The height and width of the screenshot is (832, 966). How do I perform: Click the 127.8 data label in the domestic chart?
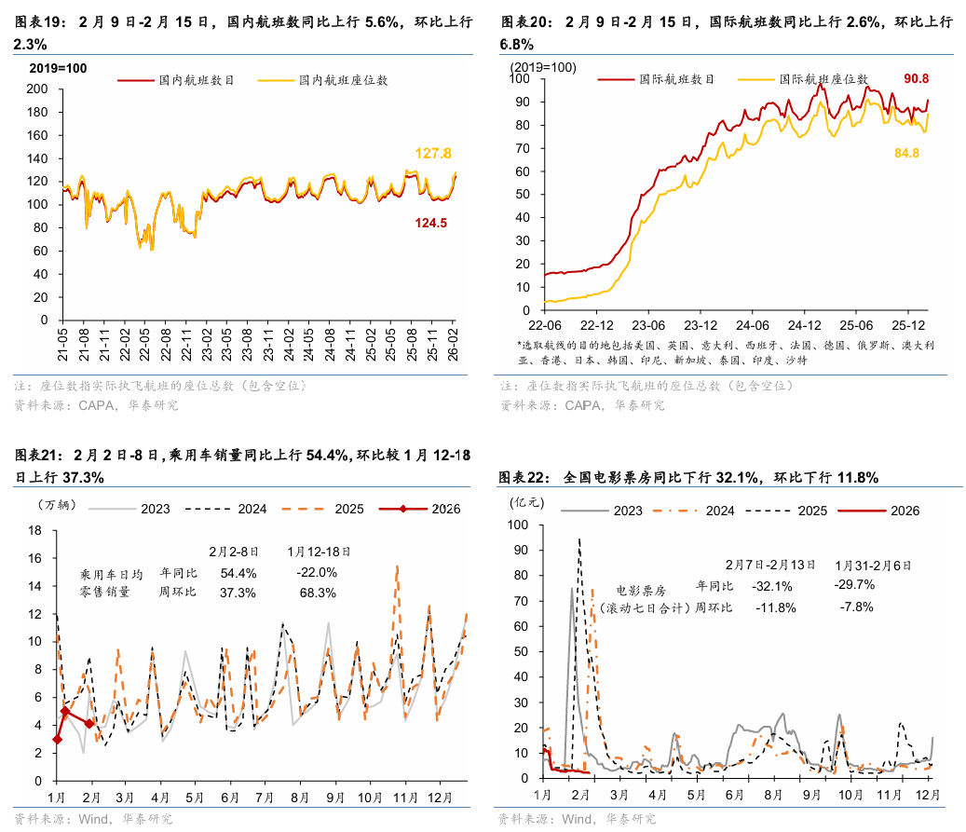coord(433,154)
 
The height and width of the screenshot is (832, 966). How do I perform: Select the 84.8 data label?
coord(906,153)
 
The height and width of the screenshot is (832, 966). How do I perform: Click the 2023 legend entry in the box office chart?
coord(628,511)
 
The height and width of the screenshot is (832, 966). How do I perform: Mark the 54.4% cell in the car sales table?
coord(238,572)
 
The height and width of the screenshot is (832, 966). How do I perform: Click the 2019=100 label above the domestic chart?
coord(57,69)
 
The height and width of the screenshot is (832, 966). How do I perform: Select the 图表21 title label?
coord(38,456)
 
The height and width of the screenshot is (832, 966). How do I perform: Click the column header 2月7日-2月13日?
coord(770,565)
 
